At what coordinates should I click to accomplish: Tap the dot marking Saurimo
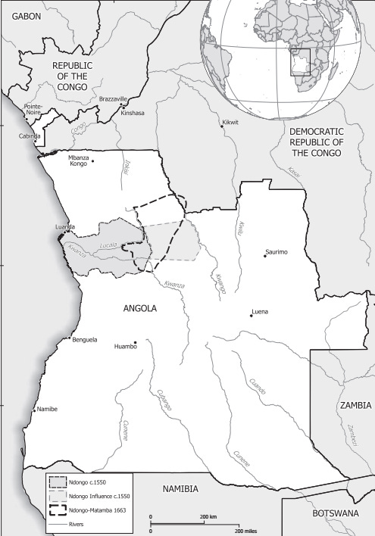point(264,256)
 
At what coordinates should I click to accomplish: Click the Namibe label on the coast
point(46,409)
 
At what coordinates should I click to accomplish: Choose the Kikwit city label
point(229,123)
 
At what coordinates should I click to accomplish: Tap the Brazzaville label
point(114,99)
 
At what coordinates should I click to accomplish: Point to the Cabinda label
point(30,136)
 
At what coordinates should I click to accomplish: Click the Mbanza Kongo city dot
point(92,160)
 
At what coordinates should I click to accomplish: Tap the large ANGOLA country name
point(139,309)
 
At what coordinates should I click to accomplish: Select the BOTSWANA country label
point(336,513)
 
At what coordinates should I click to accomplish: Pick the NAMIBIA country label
point(185,490)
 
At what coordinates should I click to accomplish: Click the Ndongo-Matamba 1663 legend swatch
point(56,510)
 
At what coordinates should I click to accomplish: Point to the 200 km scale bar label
point(208,516)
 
